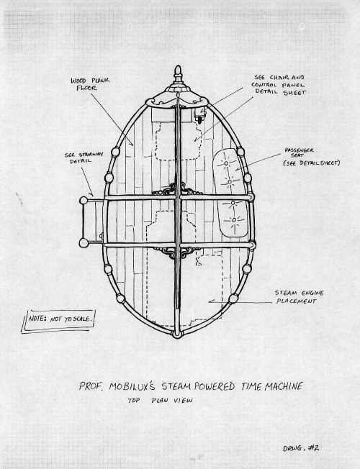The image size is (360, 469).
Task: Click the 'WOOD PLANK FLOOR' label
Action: click(x=90, y=84)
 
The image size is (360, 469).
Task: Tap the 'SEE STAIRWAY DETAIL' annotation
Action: click(x=84, y=158)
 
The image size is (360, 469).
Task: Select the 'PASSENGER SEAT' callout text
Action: click(x=299, y=152)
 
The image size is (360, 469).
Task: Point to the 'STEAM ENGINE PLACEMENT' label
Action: click(x=299, y=296)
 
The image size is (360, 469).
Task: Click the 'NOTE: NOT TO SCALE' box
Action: click(x=59, y=321)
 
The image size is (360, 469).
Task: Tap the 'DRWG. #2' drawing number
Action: click(x=301, y=448)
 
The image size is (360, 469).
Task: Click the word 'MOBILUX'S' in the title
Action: click(x=132, y=386)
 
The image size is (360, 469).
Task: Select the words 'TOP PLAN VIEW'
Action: click(x=161, y=400)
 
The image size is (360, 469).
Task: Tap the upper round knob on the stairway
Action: click(x=84, y=201)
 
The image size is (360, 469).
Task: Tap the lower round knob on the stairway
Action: click(x=84, y=243)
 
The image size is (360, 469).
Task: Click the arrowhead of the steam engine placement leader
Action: click(x=211, y=301)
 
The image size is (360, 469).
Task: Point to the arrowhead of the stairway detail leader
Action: click(x=92, y=194)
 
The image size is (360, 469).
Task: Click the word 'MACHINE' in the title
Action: click(x=284, y=386)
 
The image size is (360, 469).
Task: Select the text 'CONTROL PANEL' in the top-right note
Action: click(x=278, y=85)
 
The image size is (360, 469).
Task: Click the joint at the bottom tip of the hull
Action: click(x=177, y=334)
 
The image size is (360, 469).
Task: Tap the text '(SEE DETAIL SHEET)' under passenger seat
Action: click(x=312, y=163)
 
